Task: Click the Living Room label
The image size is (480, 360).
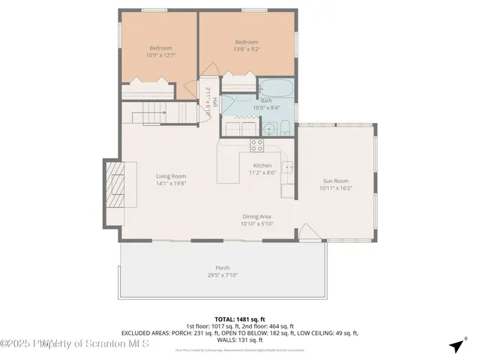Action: click(171, 175)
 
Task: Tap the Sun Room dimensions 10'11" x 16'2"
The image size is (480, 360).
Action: click(335, 188)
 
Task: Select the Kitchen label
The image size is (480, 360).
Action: click(262, 165)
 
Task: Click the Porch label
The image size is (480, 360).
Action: click(223, 268)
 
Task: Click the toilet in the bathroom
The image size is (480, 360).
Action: click(286, 127)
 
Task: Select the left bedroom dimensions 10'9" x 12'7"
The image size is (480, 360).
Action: click(159, 55)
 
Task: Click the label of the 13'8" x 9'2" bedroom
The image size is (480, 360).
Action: click(246, 42)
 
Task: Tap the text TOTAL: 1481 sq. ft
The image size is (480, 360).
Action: click(240, 319)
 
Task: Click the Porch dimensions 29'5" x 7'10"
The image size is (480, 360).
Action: click(223, 274)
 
